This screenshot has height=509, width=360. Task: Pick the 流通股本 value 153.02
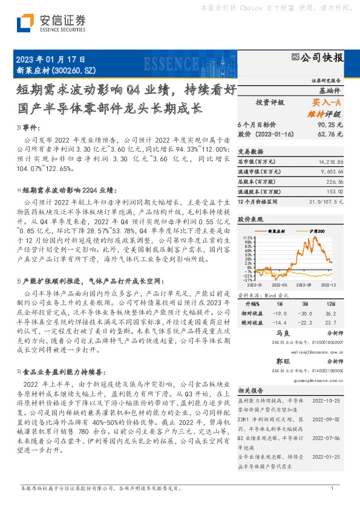333,191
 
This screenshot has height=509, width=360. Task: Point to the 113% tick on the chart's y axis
247,238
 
